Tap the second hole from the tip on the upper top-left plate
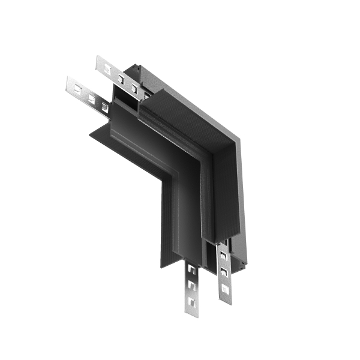[x=122, y=77]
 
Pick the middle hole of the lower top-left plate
[x=91, y=97]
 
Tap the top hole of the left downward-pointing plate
[x=191, y=270]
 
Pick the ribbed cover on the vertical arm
[x=226, y=192]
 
